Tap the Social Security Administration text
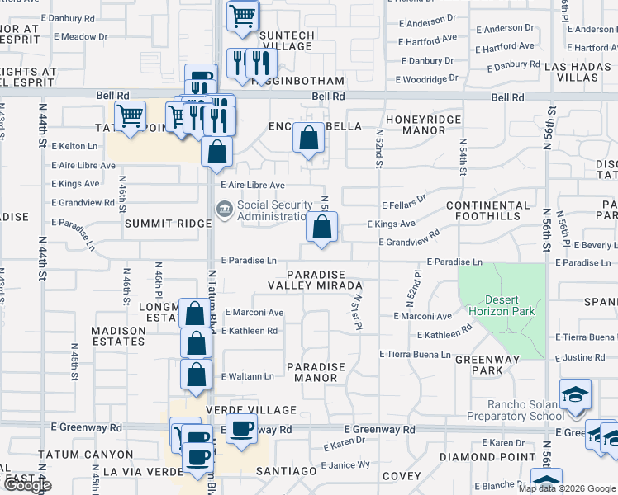(275, 211)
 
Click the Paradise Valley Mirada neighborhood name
(315, 279)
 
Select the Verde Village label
(256, 410)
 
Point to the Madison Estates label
(107, 336)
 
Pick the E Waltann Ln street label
(247, 376)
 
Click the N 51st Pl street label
(356, 313)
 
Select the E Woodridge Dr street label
(426, 80)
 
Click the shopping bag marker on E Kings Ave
(321, 227)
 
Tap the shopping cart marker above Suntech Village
(242, 16)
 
